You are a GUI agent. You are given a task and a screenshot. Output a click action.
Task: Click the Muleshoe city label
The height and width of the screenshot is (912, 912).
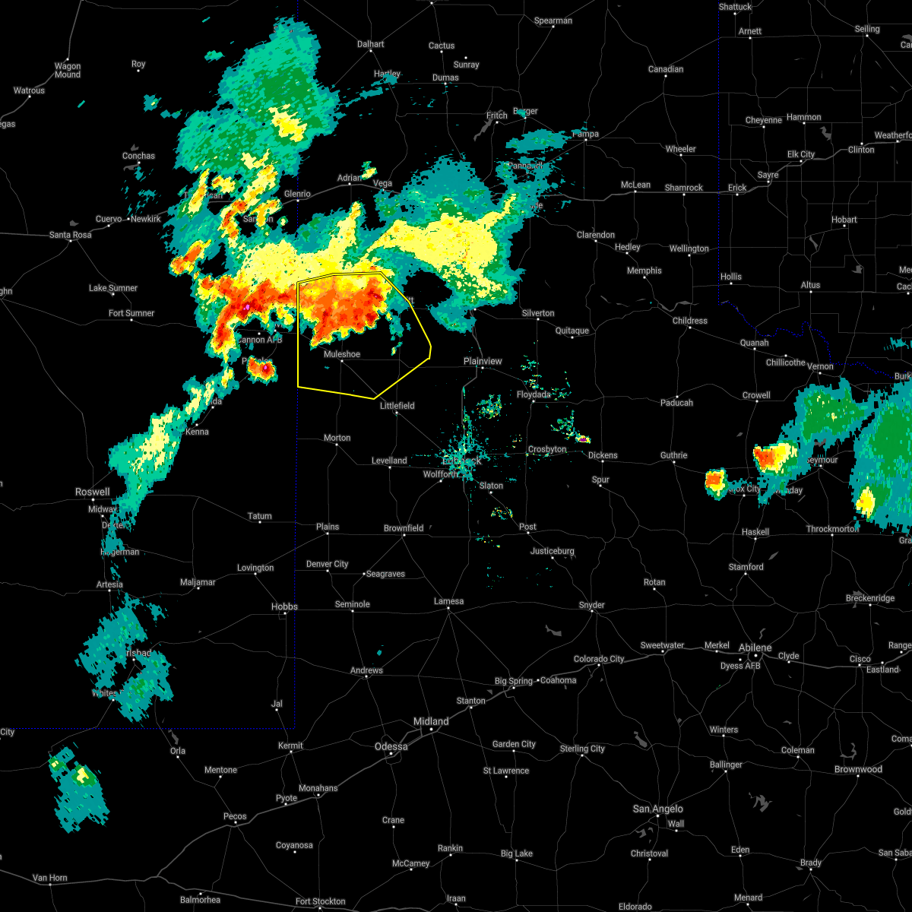pos(341,354)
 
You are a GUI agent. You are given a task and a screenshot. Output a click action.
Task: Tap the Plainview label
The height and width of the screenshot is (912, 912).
pos(483,361)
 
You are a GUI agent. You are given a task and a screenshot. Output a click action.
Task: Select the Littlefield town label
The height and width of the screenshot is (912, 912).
pos(397,406)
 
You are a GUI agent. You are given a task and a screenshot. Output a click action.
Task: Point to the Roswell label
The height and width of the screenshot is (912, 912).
pos(92,492)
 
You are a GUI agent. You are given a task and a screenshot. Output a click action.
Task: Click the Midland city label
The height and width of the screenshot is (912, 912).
pos(431,721)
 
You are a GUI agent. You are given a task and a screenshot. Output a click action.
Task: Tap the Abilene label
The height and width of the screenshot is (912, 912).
pos(755,648)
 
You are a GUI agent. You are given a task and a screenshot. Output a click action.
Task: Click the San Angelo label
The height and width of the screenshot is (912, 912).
pos(657,809)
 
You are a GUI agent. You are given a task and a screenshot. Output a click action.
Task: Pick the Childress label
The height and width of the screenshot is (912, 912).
pos(690,321)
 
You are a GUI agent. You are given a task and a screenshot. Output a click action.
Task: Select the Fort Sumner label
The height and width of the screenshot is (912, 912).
pos(131,313)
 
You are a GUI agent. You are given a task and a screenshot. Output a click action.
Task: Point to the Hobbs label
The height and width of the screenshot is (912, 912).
pos(284,606)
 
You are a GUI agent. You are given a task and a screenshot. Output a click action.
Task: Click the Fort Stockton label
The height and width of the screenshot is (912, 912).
pos(320,901)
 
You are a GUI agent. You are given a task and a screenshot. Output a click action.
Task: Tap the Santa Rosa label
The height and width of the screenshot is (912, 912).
pos(71,235)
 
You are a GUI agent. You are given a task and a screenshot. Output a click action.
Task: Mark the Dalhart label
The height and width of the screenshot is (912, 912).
pos(371,44)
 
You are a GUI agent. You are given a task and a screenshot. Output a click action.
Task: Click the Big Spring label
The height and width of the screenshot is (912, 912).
pos(514,681)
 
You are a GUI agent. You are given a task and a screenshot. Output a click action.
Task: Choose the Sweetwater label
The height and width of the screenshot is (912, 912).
pos(662,645)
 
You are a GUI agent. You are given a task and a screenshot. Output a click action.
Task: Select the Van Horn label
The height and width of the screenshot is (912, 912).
pos(50,878)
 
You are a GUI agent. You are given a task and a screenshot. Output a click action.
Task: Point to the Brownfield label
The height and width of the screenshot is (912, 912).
pos(404,528)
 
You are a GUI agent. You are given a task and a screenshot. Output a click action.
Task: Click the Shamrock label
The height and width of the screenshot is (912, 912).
pos(684,188)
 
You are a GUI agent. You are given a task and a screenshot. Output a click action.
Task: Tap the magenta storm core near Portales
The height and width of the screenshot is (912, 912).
pos(265,369)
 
